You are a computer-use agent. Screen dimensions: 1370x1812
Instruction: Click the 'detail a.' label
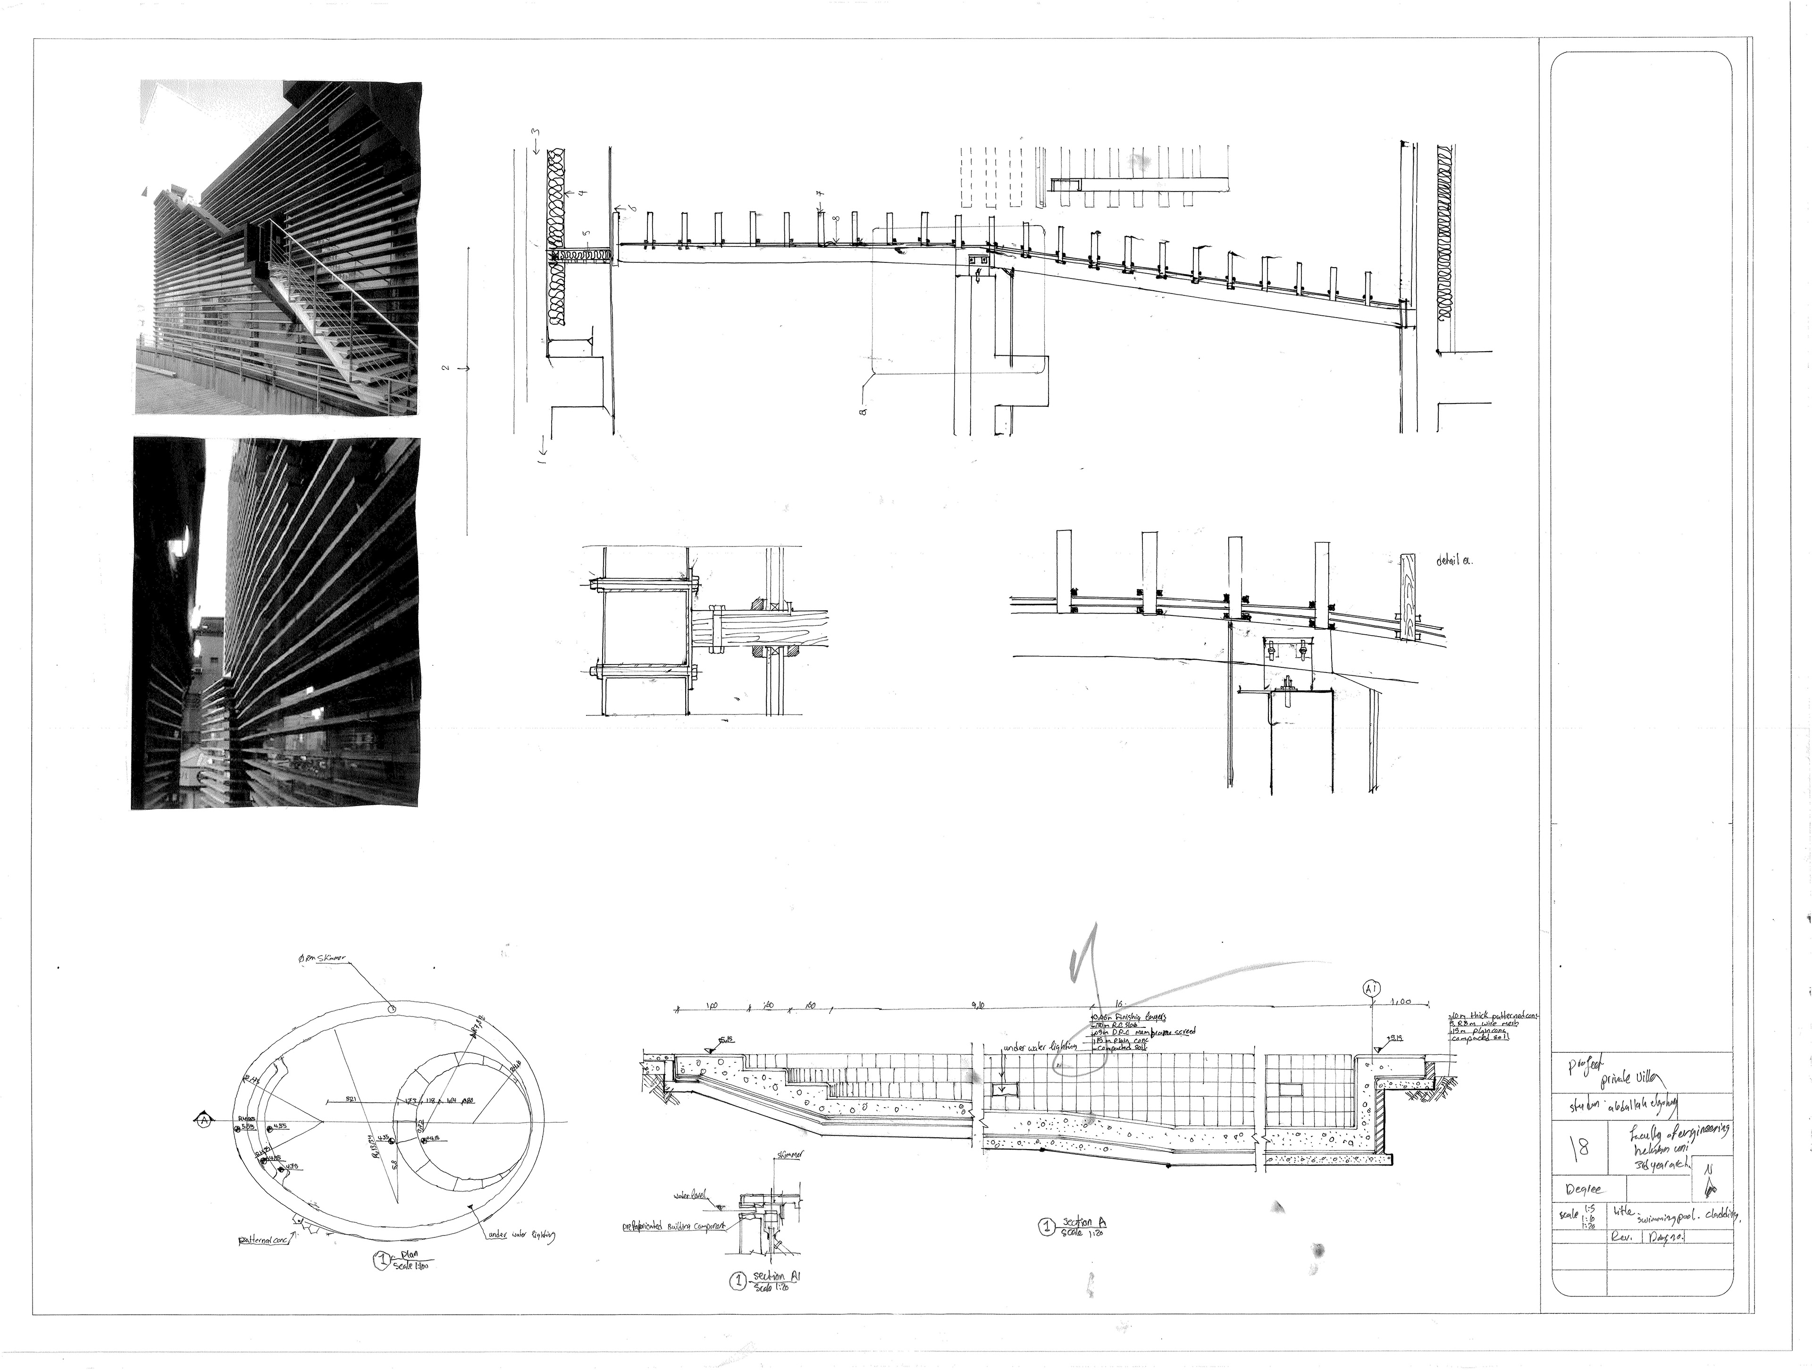click(x=1453, y=561)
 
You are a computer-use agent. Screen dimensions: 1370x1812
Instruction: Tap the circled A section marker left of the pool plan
click(x=201, y=1119)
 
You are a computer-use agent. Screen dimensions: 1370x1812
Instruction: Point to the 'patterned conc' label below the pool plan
click(x=264, y=1241)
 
